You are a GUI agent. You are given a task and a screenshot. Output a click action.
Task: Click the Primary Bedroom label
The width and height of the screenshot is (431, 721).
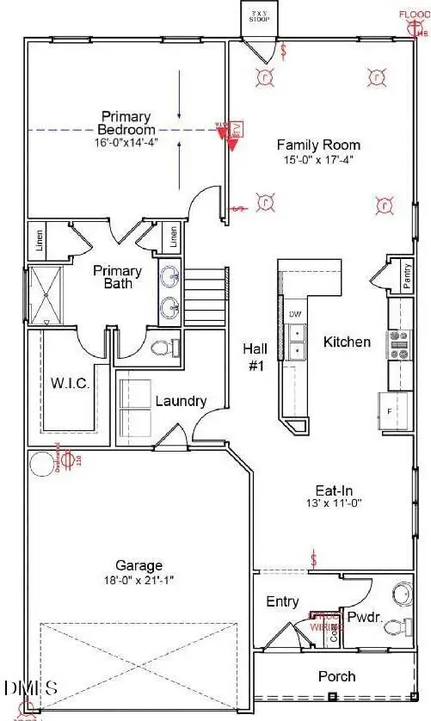click(x=126, y=123)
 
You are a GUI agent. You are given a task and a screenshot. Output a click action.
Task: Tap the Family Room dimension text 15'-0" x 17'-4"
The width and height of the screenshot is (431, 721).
click(x=317, y=160)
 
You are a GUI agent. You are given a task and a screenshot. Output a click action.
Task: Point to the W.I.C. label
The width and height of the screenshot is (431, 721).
click(x=71, y=382)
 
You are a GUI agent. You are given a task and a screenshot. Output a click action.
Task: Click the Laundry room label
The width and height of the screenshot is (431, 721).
click(x=181, y=401)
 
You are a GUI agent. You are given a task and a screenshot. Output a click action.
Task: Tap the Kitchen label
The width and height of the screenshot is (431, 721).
click(x=347, y=342)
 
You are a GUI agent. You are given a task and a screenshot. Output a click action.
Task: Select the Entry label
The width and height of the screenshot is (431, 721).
click(x=282, y=601)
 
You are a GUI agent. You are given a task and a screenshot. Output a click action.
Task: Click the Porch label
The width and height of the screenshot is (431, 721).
click(x=336, y=676)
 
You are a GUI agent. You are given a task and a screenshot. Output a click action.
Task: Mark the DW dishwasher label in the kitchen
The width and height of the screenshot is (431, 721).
click(x=295, y=314)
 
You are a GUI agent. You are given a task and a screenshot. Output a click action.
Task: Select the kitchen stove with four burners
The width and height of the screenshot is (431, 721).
click(x=399, y=343)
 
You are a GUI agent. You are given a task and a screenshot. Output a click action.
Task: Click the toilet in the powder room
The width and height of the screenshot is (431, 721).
click(x=397, y=628)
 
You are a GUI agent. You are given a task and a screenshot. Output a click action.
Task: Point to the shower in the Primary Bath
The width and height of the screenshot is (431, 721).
click(x=40, y=295)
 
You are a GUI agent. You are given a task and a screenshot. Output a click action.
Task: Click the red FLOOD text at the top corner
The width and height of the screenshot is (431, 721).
click(x=413, y=15)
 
